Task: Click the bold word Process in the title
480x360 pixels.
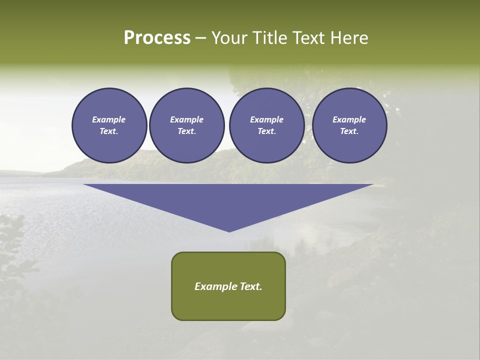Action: point(157,38)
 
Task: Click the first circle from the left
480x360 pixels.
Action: point(109,125)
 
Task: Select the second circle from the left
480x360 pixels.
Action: point(187,125)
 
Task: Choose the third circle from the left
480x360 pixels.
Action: point(267,125)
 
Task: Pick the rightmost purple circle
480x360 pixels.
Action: point(349,125)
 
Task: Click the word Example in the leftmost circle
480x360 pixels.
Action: point(109,119)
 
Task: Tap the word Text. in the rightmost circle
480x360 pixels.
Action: point(349,131)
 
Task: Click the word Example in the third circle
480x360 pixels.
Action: point(267,119)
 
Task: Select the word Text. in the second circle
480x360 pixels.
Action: point(187,131)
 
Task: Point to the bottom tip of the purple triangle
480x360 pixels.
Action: point(229,231)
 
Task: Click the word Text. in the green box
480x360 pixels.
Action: point(251,286)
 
